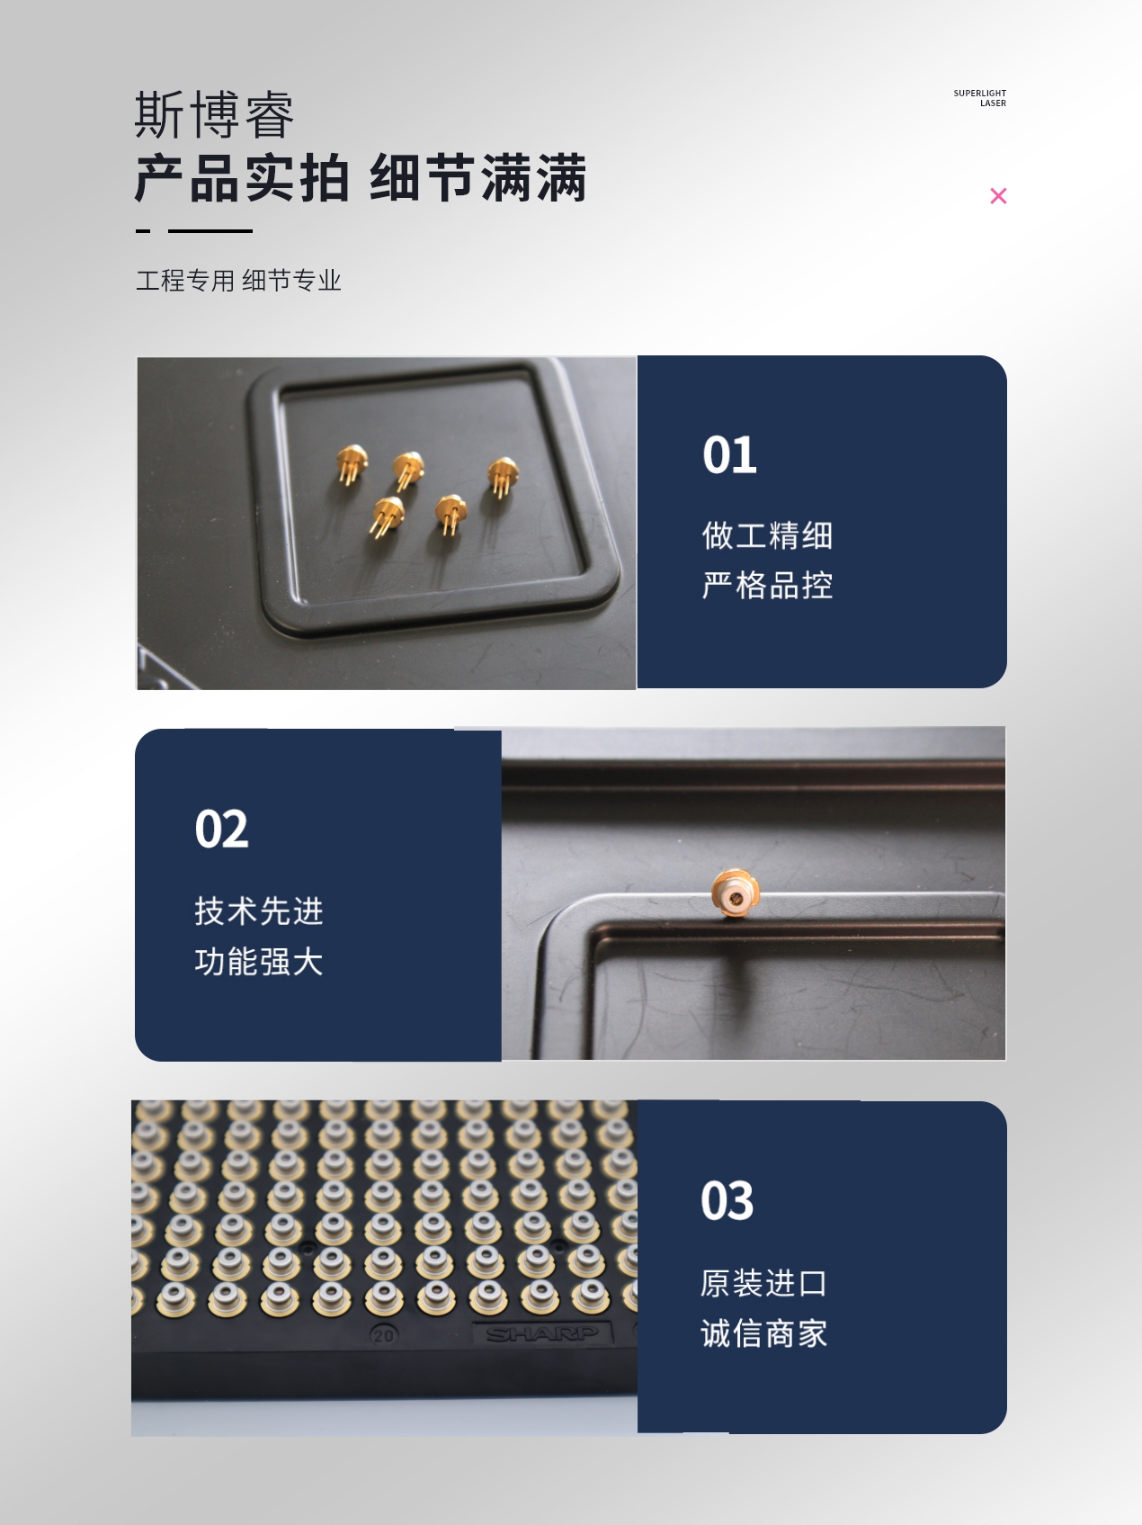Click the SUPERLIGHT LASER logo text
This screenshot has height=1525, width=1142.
(x=980, y=98)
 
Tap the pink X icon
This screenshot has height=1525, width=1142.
(x=998, y=196)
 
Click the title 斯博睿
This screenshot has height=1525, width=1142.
(x=215, y=115)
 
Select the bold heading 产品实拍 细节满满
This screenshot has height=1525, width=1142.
(x=361, y=178)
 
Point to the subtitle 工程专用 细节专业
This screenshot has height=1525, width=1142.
(x=239, y=281)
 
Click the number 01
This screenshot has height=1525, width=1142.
(x=729, y=455)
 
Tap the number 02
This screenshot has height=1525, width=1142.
(x=221, y=829)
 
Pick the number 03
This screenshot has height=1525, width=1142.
(x=727, y=1201)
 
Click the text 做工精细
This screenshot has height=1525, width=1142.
(x=767, y=535)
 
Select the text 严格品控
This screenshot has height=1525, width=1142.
(x=767, y=586)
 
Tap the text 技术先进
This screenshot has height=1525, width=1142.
(x=259, y=911)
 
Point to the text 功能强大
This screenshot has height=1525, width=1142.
(x=259, y=962)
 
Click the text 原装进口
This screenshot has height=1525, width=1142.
(x=764, y=1283)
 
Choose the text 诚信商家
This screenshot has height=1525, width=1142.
(x=764, y=1333)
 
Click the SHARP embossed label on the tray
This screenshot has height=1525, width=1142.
(x=541, y=1334)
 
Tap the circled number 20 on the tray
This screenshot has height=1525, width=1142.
(x=383, y=1335)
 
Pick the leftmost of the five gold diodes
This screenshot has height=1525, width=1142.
(x=352, y=464)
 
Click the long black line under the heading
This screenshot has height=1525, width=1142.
(x=210, y=231)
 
